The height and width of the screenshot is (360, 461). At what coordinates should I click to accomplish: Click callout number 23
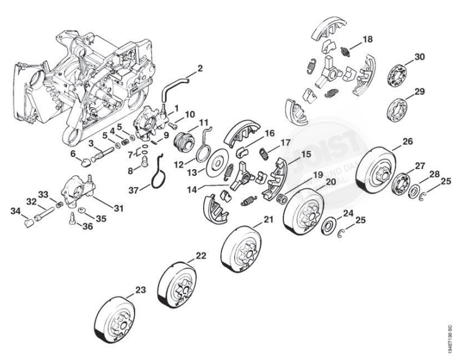point(140,290)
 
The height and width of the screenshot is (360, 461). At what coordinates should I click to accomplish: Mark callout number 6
point(73,154)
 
